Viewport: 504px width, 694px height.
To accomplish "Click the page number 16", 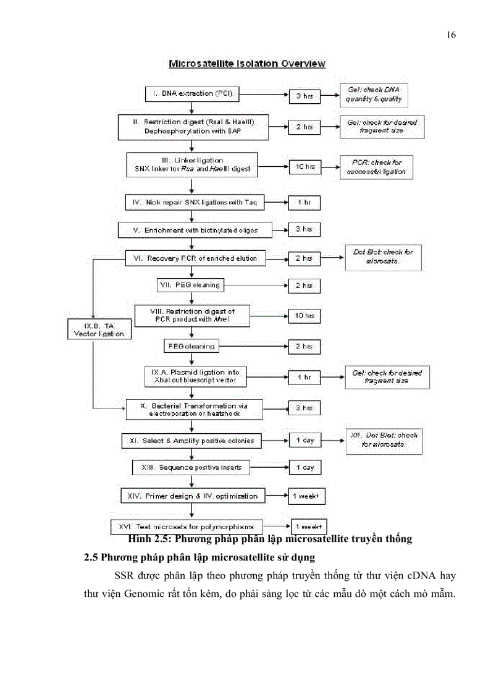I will click(451, 35).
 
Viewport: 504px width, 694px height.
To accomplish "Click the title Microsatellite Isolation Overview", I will click(247, 64).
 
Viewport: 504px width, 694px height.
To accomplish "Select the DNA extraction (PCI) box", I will click(192, 93).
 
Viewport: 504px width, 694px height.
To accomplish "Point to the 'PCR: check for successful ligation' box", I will click(376, 167).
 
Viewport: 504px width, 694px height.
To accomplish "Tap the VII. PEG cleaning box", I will click(189, 285).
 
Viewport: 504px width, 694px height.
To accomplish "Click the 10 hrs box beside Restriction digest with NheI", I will click(304, 316).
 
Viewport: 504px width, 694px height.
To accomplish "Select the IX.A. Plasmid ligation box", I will click(195, 376).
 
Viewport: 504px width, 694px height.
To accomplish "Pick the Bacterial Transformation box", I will click(194, 409).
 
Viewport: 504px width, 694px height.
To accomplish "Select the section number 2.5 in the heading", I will click(91, 557).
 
